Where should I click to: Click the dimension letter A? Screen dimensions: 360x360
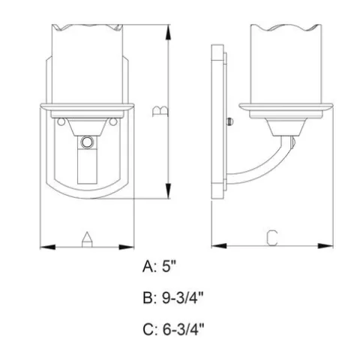coord(87,239)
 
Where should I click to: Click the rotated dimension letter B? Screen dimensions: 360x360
coord(160,111)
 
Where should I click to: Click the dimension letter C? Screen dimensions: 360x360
coord(271,238)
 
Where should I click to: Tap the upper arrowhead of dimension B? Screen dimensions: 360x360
coord(169,32)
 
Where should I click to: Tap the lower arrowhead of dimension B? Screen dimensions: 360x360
coord(169,191)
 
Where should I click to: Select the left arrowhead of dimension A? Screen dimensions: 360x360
coord(48,247)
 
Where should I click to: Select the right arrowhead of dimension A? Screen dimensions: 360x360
coord(127,247)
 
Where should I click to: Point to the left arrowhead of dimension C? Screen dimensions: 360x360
coord(219,246)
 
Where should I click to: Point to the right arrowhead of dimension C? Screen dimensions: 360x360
coord(325,246)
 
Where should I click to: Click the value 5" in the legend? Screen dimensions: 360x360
coord(169,266)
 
